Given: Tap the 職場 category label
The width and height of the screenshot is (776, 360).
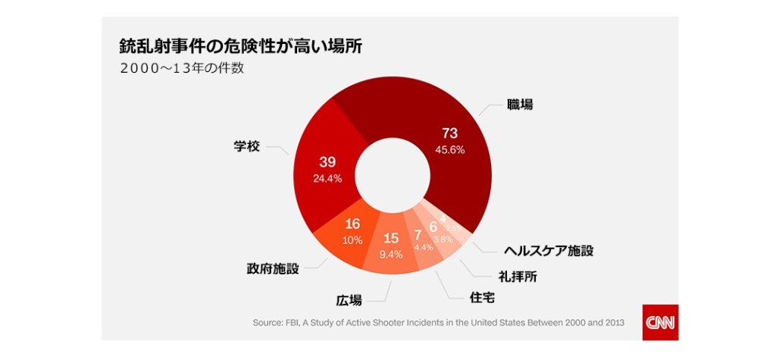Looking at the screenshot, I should (x=520, y=105).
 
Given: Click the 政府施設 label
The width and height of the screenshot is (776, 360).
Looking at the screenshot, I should (x=273, y=269).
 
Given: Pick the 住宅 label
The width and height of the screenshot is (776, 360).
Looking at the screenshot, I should (x=483, y=297).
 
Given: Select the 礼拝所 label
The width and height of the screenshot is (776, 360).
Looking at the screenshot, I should (x=518, y=277).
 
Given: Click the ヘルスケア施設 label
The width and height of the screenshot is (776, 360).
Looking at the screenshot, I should (x=549, y=250).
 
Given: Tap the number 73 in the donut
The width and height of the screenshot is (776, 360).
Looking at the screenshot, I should (x=450, y=134).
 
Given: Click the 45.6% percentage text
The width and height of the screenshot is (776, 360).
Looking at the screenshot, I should (x=450, y=150).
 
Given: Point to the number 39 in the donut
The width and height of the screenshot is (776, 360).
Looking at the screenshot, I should (x=327, y=162).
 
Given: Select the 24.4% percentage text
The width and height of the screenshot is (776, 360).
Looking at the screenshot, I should (x=327, y=179).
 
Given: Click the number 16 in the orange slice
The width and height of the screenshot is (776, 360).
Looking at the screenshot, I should (x=352, y=224).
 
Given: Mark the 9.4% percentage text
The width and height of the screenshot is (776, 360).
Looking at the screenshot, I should (x=391, y=255).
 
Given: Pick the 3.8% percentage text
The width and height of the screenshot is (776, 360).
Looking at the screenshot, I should (x=443, y=239).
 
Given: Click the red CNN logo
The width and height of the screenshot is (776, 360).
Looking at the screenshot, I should (x=660, y=322).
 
